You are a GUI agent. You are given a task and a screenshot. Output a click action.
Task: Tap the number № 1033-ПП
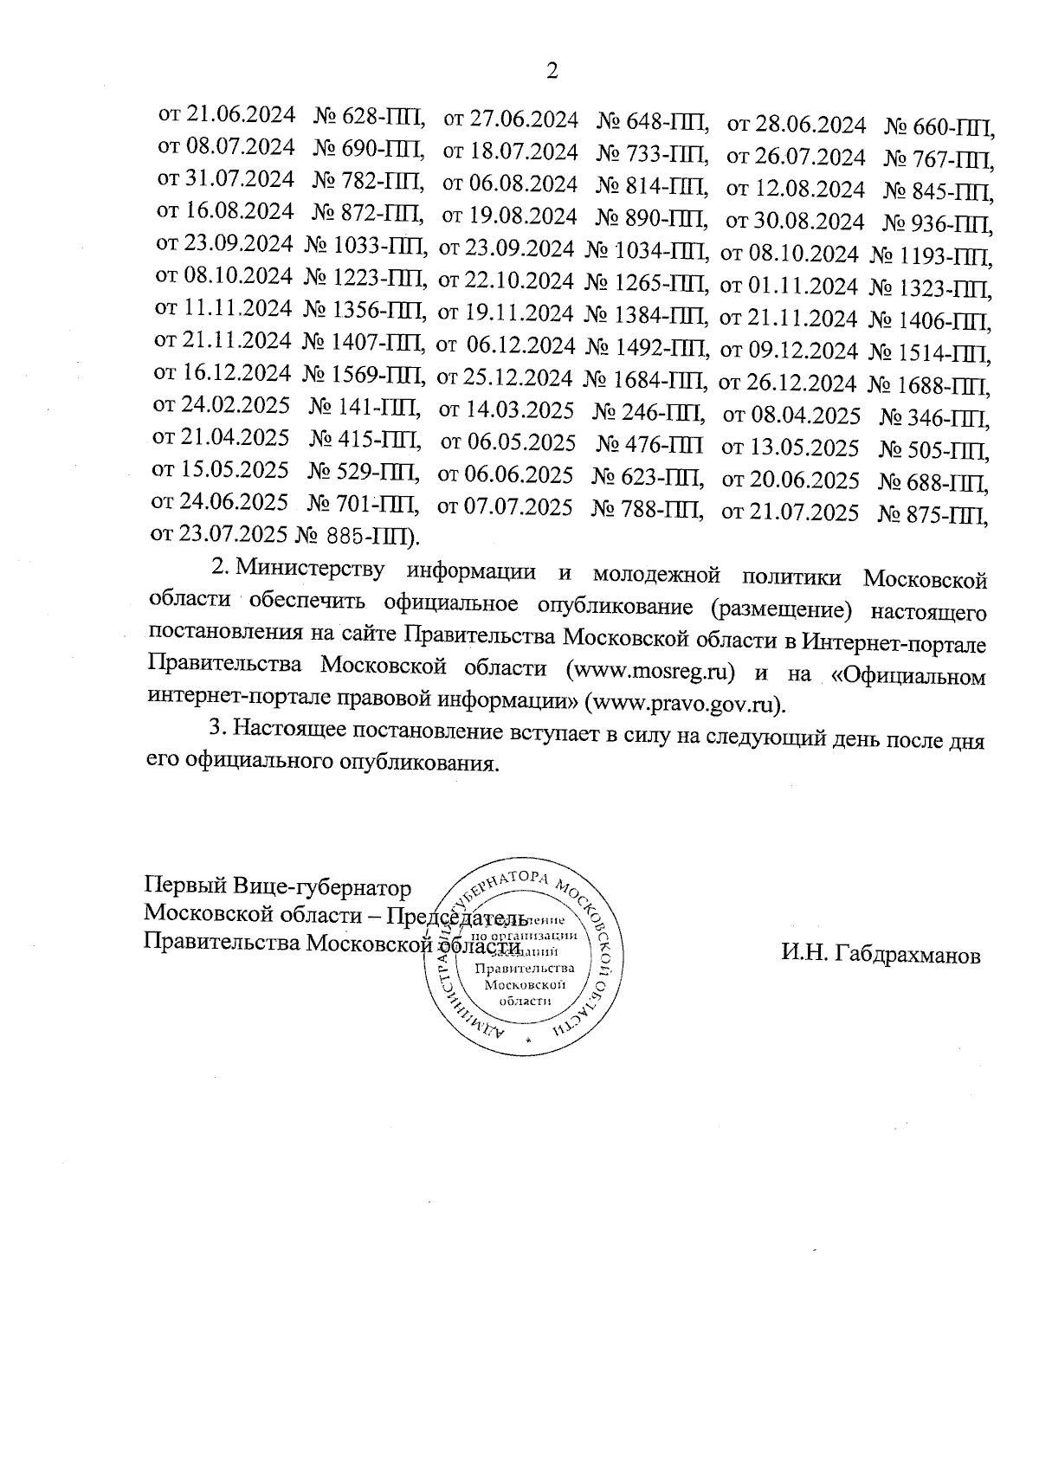(364, 247)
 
